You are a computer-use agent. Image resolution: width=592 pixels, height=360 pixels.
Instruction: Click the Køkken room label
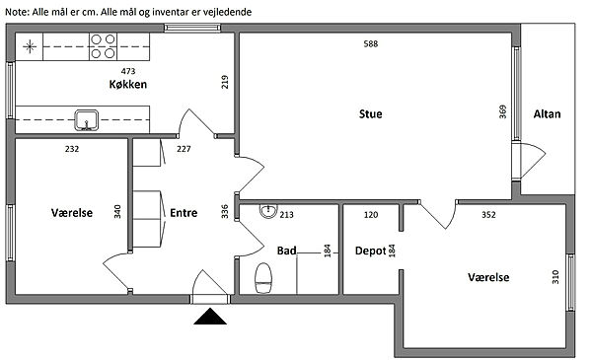(128, 84)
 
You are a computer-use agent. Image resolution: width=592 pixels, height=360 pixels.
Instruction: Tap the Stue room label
(370, 114)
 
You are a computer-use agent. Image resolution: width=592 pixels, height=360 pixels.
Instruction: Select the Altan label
(547, 114)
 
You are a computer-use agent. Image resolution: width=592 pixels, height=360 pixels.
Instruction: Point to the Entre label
(184, 213)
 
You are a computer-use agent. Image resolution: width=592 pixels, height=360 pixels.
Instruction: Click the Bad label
(286, 251)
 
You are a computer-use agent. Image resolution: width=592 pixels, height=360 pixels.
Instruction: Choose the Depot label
(370, 251)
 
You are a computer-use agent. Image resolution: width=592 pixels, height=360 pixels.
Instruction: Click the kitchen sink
(87, 120)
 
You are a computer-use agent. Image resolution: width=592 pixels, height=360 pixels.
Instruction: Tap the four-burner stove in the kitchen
(103, 46)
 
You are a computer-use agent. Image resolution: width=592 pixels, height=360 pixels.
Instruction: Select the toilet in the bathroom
(263, 278)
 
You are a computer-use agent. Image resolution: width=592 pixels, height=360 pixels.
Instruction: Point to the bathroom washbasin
(268, 210)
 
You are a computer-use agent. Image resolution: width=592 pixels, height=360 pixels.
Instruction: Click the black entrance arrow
(210, 317)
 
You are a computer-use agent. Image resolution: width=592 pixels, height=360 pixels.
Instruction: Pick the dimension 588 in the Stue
(371, 43)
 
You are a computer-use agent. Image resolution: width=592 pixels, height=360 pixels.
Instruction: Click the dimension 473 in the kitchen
(128, 71)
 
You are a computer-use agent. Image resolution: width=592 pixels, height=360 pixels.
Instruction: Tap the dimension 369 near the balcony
(502, 111)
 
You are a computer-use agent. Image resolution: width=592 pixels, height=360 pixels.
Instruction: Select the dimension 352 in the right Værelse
(488, 215)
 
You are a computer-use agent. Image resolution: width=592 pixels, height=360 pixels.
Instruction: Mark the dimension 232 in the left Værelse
(72, 149)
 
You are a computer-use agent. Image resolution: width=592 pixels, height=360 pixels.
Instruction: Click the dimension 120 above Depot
(371, 215)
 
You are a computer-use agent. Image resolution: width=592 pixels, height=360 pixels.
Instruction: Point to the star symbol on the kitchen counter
(30, 46)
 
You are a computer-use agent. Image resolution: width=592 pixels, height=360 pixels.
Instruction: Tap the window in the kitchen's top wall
(192, 28)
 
